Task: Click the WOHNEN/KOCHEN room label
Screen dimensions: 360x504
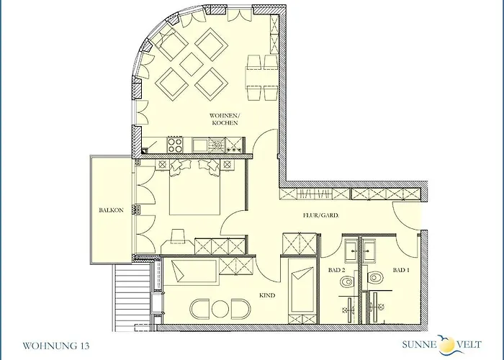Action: click(x=225, y=119)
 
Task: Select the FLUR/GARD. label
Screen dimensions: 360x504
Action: click(x=320, y=215)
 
